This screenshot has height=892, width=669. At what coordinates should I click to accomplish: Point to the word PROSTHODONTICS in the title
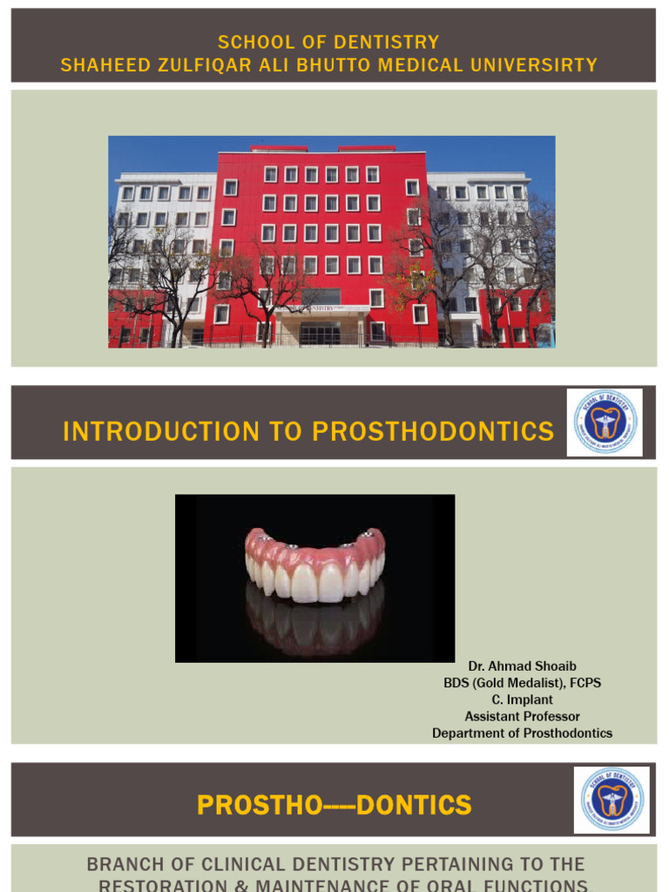(x=433, y=431)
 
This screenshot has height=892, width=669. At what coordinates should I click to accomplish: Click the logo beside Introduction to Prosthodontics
(x=605, y=422)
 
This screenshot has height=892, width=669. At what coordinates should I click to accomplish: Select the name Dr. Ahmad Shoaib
(x=522, y=666)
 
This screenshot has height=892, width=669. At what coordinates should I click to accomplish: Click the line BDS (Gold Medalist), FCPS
(x=522, y=683)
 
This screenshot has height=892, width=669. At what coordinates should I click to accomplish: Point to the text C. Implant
(x=522, y=699)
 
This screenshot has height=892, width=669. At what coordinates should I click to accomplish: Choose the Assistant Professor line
(x=522, y=716)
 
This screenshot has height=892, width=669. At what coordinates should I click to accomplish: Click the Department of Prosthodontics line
(x=522, y=733)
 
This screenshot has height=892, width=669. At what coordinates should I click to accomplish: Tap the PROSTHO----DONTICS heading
(x=334, y=805)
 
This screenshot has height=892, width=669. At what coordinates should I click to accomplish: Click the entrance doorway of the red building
(x=320, y=333)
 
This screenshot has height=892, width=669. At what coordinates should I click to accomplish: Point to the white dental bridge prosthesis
(x=315, y=564)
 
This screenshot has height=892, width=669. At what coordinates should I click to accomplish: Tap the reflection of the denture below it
(x=315, y=622)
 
